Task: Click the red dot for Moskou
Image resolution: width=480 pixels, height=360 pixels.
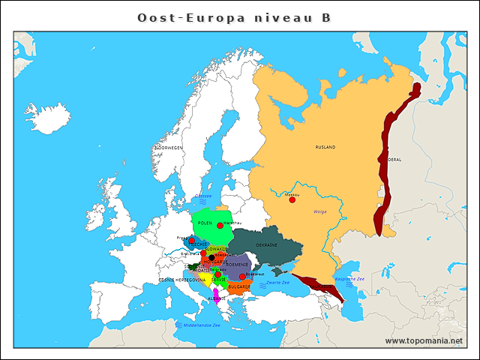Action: (x=292, y=199)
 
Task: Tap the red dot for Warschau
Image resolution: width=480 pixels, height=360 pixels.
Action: (x=220, y=225)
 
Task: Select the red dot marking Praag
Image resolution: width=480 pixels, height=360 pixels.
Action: (x=192, y=241)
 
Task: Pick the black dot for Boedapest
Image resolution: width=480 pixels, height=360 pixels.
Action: (x=211, y=257)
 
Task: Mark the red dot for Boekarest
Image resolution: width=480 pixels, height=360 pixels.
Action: (x=242, y=277)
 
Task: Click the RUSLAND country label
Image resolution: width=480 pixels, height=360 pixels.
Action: (x=325, y=148)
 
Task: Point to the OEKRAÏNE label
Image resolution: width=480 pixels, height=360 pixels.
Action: (x=268, y=245)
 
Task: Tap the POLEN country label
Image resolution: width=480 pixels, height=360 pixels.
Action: (x=205, y=223)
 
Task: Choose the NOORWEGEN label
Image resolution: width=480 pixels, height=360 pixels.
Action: (x=168, y=148)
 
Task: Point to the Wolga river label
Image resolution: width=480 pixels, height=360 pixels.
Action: (x=320, y=211)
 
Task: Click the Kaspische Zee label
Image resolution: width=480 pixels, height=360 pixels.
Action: (x=349, y=278)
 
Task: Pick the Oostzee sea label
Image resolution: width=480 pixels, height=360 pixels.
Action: (x=202, y=196)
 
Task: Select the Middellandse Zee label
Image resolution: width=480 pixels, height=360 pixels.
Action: (x=196, y=325)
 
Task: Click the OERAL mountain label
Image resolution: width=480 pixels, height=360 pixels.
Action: (x=394, y=160)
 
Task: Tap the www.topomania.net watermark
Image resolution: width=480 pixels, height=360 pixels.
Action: (x=424, y=340)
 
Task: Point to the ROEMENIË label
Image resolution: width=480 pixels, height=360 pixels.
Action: (x=237, y=265)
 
